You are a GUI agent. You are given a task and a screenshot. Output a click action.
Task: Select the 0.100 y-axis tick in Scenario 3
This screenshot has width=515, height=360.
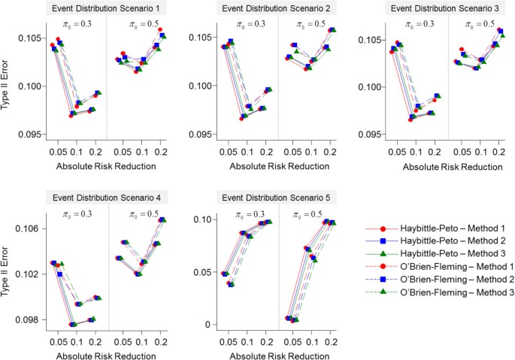(367, 86)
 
